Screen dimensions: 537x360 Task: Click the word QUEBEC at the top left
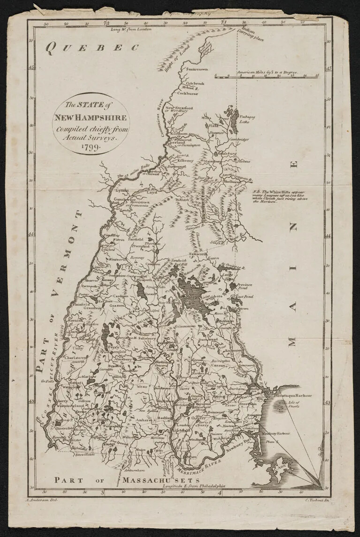coord(93,46)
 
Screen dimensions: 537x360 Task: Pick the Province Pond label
coord(245,287)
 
